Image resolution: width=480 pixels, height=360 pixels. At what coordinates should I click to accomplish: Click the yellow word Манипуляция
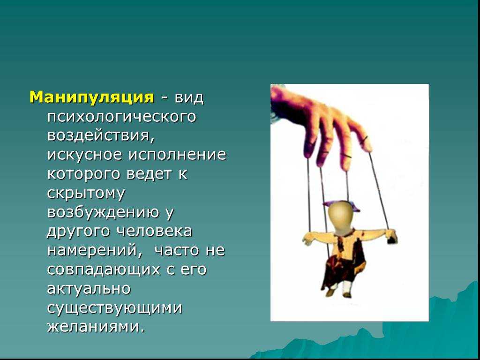pyautogui.click(x=92, y=97)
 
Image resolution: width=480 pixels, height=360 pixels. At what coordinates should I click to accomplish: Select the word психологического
pyautogui.click(x=121, y=117)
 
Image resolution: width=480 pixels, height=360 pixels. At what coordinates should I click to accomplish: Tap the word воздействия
pyautogui.click(x=101, y=135)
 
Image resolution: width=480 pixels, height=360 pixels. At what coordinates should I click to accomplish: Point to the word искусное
pyautogui.click(x=84, y=154)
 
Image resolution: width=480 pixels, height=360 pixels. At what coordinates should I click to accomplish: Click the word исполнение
pyautogui.click(x=177, y=154)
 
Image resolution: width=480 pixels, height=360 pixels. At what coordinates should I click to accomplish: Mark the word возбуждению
pyautogui.click(x=103, y=212)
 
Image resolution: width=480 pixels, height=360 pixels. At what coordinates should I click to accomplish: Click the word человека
pyautogui.click(x=155, y=232)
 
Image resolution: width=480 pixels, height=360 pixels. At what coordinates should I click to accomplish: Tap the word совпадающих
pyautogui.click(x=104, y=270)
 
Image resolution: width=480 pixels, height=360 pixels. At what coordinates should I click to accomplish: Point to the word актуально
pyautogui.click(x=89, y=288)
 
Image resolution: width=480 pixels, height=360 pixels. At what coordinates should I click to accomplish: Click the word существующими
pyautogui.click(x=115, y=307)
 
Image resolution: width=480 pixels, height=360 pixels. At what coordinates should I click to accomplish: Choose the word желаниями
pyautogui.click(x=95, y=327)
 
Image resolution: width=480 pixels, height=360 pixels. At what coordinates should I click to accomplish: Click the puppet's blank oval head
pyautogui.click(x=341, y=218)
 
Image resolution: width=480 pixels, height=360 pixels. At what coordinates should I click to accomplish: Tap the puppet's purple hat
pyautogui.click(x=341, y=206)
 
